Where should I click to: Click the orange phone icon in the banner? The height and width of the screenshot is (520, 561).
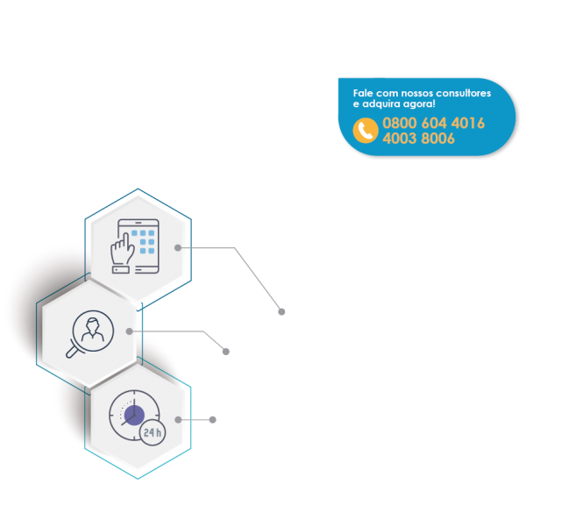click(x=366, y=131)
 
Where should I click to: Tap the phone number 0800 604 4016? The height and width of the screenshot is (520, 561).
click(x=433, y=124)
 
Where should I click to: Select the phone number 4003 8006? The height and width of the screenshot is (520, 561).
click(x=418, y=139)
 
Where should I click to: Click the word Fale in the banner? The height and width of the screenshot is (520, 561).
click(x=363, y=93)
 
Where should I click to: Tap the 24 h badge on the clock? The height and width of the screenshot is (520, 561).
click(x=153, y=432)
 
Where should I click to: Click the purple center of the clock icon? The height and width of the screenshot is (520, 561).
click(x=134, y=415)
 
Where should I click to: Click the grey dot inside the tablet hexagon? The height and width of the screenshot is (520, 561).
click(x=178, y=248)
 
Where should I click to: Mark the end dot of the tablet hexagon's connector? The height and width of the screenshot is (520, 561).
click(x=281, y=311)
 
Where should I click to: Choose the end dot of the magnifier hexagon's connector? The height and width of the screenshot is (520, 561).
click(x=225, y=351)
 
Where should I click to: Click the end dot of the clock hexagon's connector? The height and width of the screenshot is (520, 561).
click(x=213, y=419)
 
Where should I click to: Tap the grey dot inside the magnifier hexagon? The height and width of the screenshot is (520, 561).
click(x=130, y=331)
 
